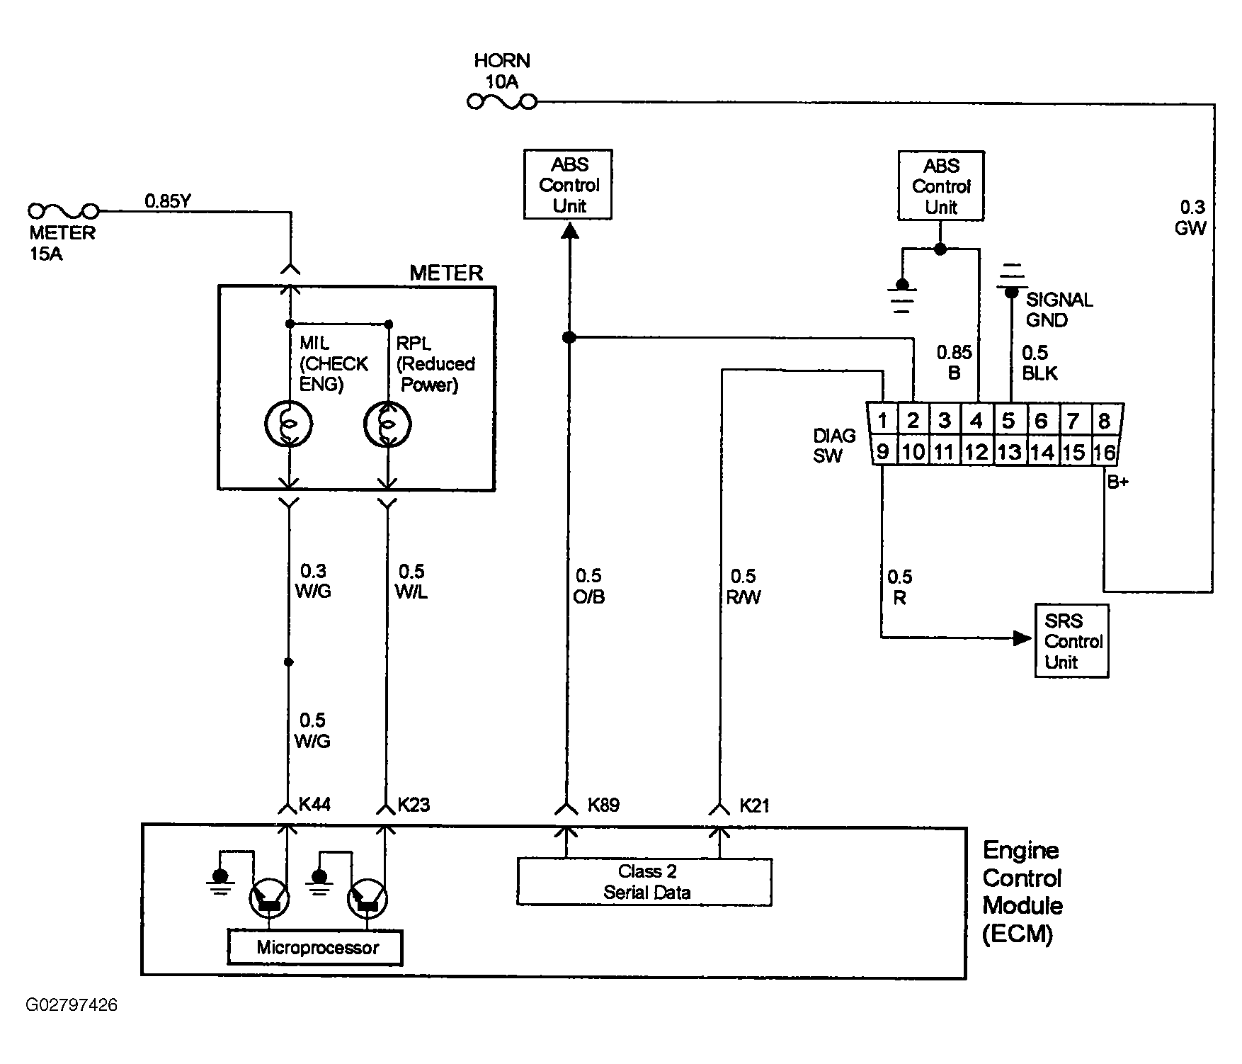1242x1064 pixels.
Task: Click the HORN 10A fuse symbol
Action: click(x=502, y=103)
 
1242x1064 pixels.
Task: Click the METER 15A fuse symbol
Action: click(x=63, y=211)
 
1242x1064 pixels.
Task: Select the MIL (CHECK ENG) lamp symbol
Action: click(x=288, y=424)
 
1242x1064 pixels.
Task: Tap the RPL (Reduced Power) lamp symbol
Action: click(x=387, y=424)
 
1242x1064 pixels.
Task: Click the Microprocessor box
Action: click(x=315, y=948)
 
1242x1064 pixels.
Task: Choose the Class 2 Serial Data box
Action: click(x=644, y=882)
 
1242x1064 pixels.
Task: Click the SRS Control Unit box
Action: click(x=1071, y=641)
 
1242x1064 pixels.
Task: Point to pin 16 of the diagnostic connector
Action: click(x=1105, y=452)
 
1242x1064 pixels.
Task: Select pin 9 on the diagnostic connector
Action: click(x=883, y=451)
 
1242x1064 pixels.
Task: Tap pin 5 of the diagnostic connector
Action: click(x=1009, y=421)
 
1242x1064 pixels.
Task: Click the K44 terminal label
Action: click(x=315, y=805)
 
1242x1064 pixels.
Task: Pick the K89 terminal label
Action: click(x=604, y=805)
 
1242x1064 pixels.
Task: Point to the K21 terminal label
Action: click(x=755, y=805)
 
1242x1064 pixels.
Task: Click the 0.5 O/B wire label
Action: click(x=589, y=587)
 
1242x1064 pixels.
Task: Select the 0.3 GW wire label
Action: click(x=1190, y=217)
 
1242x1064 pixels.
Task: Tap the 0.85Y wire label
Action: click(x=168, y=201)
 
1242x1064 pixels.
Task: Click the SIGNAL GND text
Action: click(x=1059, y=310)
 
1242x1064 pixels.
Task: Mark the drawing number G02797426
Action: click(x=72, y=1005)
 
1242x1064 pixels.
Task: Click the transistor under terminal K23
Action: click(x=368, y=900)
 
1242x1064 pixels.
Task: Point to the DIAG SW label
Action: click(x=834, y=446)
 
